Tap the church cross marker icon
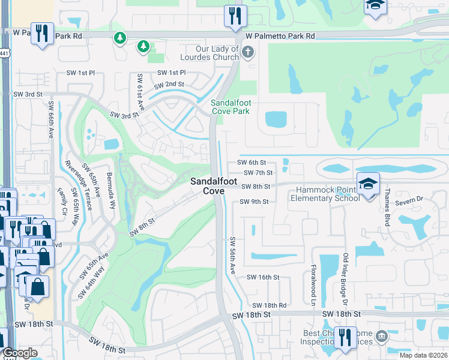pyautogui.click(x=247, y=52)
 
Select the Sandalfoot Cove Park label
pyautogui.click(x=230, y=107)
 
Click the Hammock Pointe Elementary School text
pyautogui.click(x=324, y=194)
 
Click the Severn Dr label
pyautogui.click(x=411, y=199)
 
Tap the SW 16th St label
pyautogui.click(x=264, y=277)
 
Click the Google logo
pyautogui.click(x=19, y=353)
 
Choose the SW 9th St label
pyautogui.click(x=254, y=202)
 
